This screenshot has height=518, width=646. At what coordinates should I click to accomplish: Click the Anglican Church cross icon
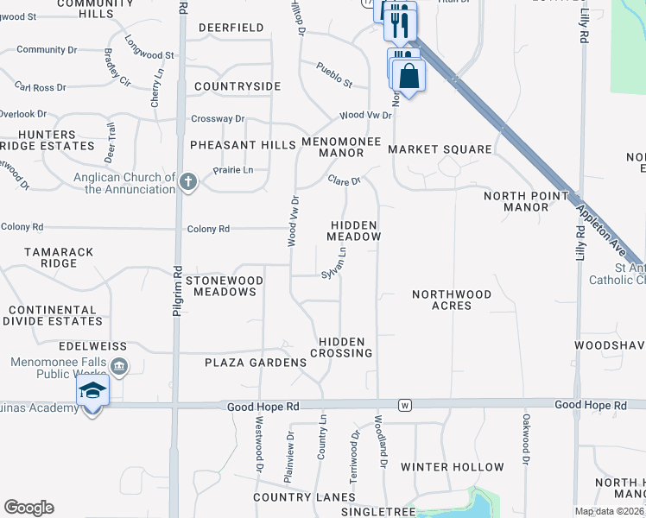coord(189,182)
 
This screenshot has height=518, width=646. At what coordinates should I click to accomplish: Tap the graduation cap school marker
coord(92,391)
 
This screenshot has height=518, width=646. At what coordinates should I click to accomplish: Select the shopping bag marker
coord(408,76)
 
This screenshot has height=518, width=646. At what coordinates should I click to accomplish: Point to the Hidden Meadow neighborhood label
coord(354,230)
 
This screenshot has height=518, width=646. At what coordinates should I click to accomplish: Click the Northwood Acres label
coord(452,300)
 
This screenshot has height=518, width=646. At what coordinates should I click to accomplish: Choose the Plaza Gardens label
coord(255,363)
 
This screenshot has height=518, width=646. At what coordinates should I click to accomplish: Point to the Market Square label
coord(440,149)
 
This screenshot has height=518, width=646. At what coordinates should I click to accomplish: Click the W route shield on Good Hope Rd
coord(403,404)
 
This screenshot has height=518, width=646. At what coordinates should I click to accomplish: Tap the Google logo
coord(28,508)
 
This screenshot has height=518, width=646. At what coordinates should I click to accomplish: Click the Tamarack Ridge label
coord(51,256)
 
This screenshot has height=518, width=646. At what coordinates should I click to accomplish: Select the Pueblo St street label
coord(333,74)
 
